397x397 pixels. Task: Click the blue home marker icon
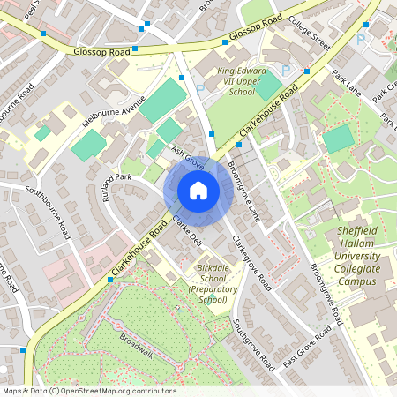pos(198,191)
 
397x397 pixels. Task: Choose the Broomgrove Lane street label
pos(244,190)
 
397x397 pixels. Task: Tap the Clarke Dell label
pos(187,230)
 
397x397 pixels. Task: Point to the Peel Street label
pos(34,11)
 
